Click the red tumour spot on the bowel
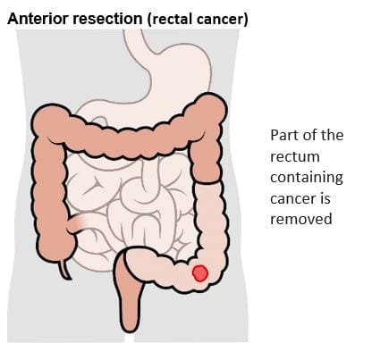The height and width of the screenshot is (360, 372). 199,273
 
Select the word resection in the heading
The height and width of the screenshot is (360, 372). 107,19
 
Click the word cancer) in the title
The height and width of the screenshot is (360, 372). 222,20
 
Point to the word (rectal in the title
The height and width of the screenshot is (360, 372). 170,20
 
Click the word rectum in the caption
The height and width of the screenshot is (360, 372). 295,156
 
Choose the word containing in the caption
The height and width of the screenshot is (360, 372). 307,178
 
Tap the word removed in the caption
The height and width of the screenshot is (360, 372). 301,219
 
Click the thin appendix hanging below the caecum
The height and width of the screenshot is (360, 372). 64,270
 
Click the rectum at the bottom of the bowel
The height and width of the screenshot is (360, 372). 129,297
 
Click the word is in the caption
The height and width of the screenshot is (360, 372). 325,199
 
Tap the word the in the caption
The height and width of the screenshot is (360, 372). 332,135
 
